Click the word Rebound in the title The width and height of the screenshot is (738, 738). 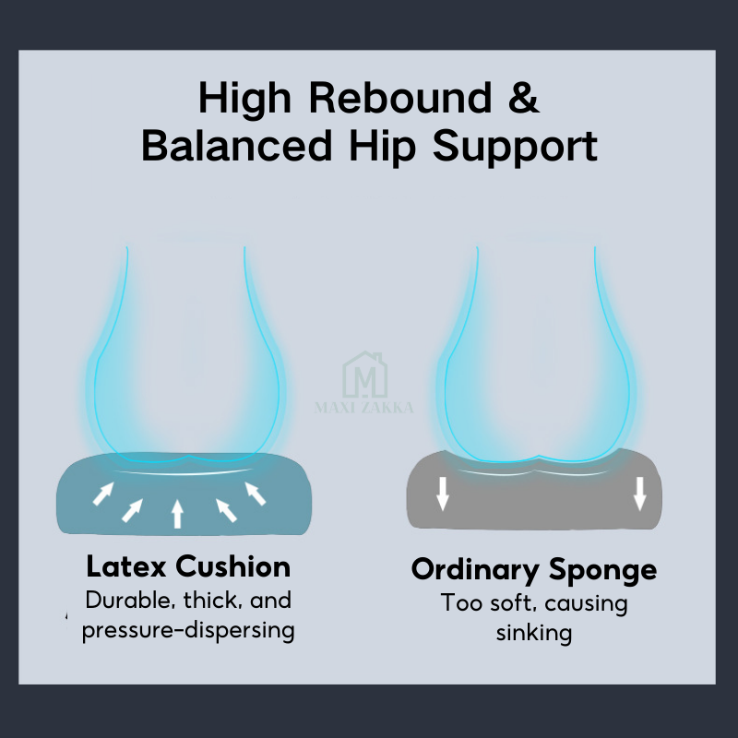pos(400,98)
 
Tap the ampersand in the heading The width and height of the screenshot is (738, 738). pos(524,97)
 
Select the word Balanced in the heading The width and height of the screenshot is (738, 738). pos(237,146)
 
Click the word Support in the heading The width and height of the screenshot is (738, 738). pos(515,148)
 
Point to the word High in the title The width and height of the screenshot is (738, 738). pos(244,100)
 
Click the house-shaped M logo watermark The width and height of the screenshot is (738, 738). pos(364,375)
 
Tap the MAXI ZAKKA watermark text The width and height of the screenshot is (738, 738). pos(363,407)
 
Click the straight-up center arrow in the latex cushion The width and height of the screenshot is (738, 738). pos(177,514)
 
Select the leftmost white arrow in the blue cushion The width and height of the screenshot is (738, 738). pos(103,494)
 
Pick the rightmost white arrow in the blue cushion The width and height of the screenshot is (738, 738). pos(256,494)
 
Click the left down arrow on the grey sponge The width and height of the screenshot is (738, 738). pos(443,494)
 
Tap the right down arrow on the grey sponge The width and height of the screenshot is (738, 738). pos(639,494)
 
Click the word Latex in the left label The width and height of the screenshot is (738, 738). pos(126,566)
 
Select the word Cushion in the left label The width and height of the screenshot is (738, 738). pos(233,566)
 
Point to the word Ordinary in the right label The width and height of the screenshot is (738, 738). pos(475,571)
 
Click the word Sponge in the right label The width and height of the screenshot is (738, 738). pos(603,571)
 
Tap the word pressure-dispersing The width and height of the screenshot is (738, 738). pos(188,631)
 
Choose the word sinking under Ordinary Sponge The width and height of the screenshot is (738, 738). pos(534,633)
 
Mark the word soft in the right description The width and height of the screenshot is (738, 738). pos(513,603)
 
